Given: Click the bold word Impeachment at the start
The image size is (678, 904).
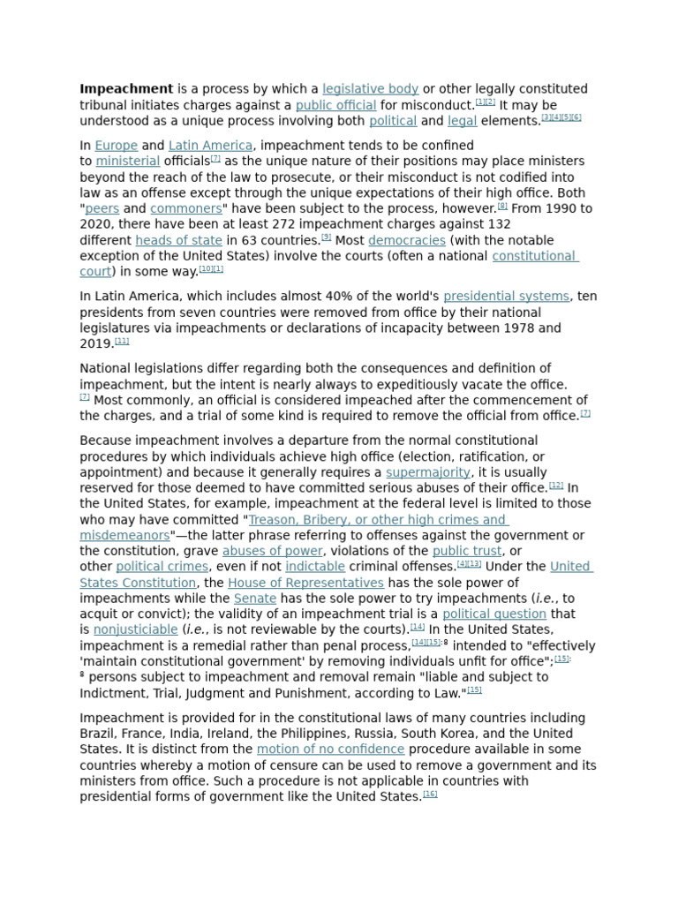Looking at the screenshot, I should click(126, 89).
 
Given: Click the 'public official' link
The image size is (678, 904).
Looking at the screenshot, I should click(335, 106).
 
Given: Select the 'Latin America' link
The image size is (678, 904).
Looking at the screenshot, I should click(210, 146).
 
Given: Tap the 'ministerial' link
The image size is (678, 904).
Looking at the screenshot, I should click(127, 162).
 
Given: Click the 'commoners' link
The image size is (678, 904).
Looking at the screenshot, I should click(185, 209).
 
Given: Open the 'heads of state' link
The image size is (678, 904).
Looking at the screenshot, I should click(178, 241).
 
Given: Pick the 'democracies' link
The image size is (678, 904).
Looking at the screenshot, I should click(406, 241).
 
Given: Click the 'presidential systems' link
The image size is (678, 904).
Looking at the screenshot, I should click(506, 297).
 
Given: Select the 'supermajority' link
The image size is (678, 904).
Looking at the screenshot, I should click(428, 473).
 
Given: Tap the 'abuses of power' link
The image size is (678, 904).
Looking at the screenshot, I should click(272, 552).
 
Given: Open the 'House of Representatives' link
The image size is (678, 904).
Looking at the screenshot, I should click(305, 584).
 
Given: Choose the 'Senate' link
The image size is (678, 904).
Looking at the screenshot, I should click(255, 599).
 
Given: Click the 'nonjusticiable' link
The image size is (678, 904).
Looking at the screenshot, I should click(135, 630).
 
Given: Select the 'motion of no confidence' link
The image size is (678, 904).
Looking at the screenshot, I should click(330, 750).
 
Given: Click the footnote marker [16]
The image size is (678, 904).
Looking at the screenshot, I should click(430, 795).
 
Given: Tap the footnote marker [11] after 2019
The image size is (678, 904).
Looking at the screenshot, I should click(122, 342).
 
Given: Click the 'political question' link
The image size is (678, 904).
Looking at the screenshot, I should click(493, 614).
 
